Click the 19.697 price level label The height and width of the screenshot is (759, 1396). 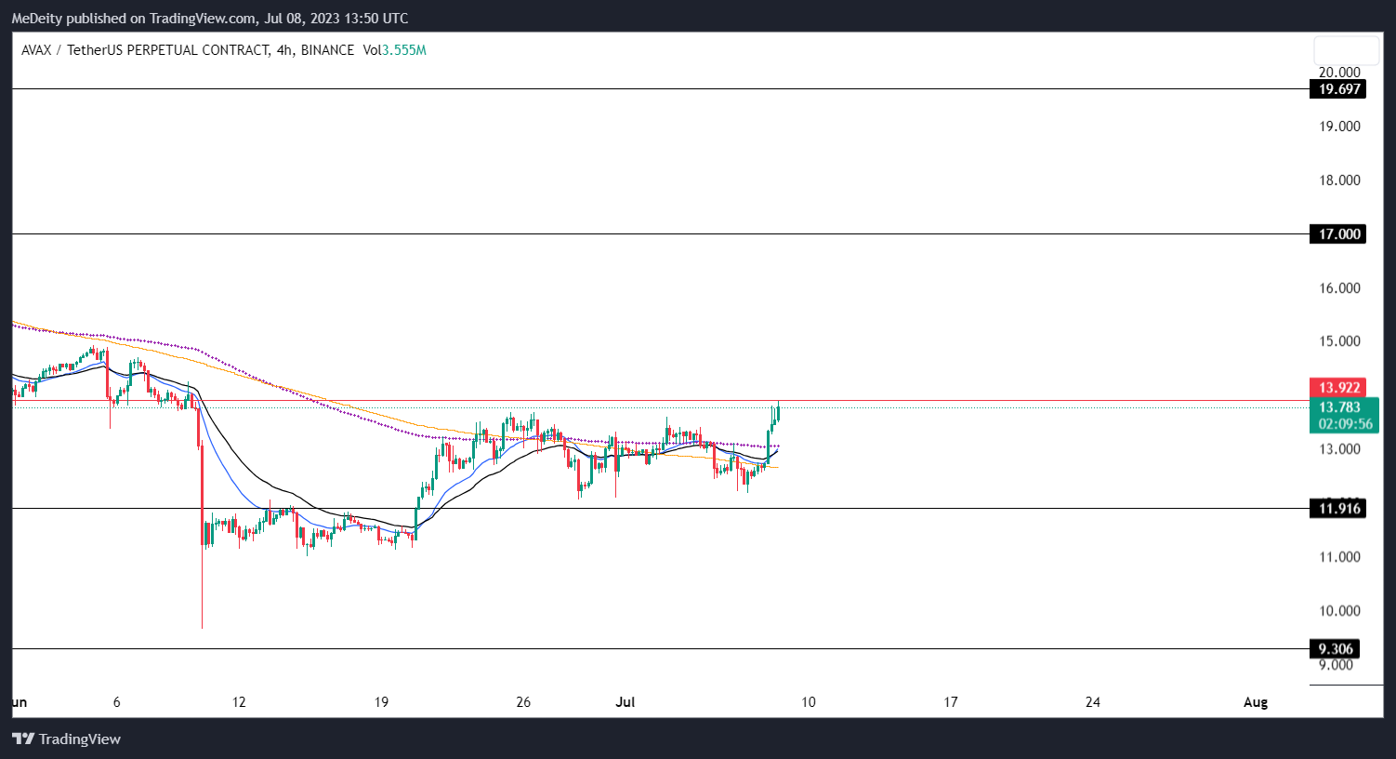1338,89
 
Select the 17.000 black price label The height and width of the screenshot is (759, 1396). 1338,234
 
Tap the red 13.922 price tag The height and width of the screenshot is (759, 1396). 1338,388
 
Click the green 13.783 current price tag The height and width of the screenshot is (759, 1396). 1338,407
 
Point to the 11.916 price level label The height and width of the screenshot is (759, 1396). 1338,509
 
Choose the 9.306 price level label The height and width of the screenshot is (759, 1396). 1336,649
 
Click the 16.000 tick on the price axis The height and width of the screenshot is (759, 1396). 1339,288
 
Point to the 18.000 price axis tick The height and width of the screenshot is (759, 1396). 1339,180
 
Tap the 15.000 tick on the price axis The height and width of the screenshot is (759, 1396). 1339,341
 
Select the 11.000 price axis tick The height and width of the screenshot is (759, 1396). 1339,557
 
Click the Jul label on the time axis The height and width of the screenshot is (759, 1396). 625,702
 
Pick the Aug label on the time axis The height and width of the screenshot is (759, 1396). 1255,702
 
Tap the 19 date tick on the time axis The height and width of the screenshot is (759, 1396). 381,702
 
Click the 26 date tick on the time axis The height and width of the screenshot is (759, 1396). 523,702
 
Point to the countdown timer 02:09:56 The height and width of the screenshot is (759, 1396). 1345,424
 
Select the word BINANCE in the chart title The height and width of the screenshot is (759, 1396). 327,50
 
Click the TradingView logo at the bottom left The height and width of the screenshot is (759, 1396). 66,739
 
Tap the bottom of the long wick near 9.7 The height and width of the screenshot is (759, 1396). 202,627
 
